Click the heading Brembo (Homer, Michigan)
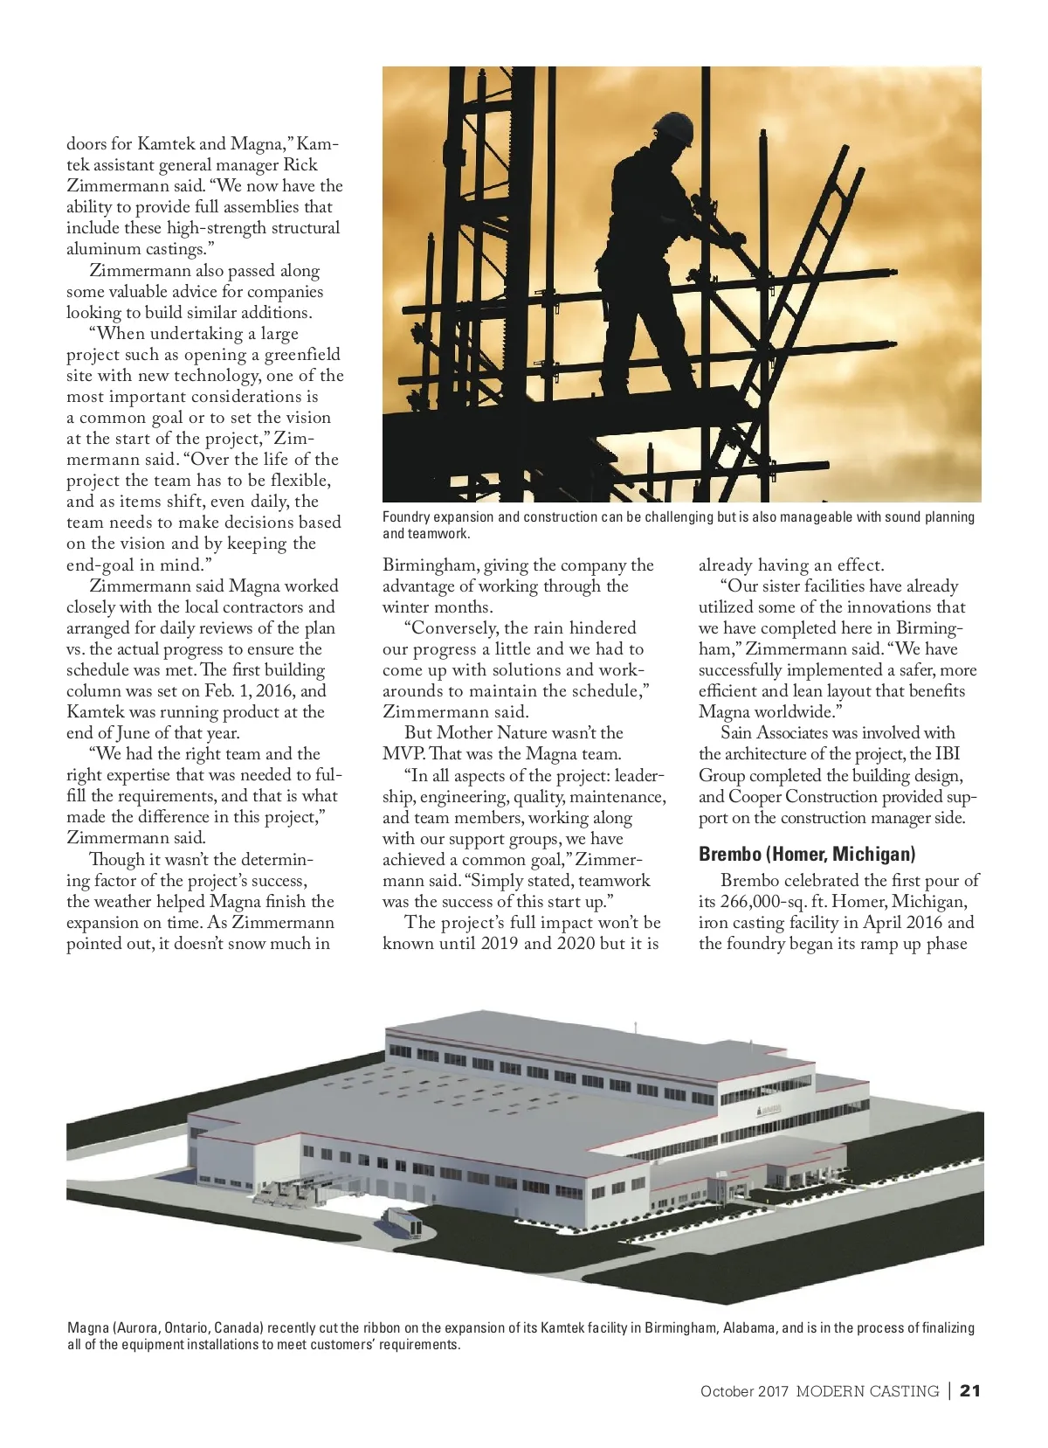click(x=806, y=854)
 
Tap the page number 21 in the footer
click(x=970, y=1390)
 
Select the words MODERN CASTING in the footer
click(x=866, y=1391)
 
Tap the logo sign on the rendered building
click(x=768, y=1110)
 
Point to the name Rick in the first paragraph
click(x=300, y=165)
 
